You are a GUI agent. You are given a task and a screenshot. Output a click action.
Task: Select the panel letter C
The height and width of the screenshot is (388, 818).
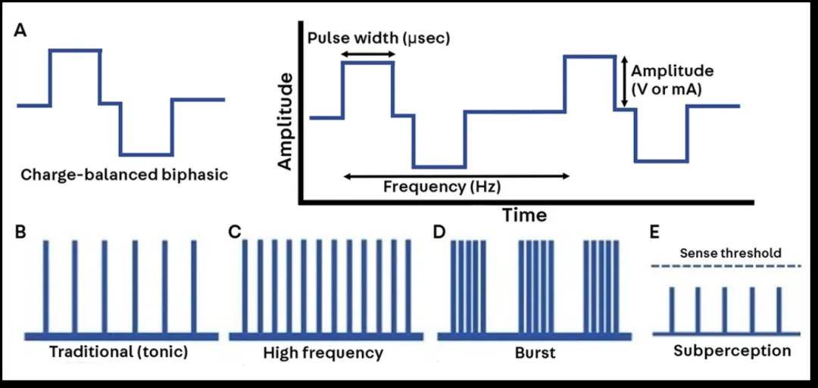(x=235, y=231)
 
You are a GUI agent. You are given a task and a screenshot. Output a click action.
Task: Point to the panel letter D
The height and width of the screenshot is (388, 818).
(x=438, y=231)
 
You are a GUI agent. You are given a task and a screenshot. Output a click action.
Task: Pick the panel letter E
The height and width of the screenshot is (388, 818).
(x=657, y=231)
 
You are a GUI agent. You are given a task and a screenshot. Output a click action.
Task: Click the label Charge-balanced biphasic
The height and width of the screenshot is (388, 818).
(x=124, y=174)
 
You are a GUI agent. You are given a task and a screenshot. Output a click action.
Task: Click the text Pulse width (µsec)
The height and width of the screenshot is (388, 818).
(x=379, y=37)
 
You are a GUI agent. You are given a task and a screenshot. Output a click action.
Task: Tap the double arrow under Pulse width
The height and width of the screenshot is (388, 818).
(x=368, y=54)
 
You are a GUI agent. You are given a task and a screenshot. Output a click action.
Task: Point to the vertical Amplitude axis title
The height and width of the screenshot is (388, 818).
(x=286, y=121)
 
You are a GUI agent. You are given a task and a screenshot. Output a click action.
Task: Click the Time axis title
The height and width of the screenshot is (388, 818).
(x=524, y=215)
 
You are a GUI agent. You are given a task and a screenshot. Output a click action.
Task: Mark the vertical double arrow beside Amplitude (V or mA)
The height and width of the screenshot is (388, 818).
(x=623, y=81)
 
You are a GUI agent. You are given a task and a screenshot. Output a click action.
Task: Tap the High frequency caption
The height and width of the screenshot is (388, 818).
(x=323, y=352)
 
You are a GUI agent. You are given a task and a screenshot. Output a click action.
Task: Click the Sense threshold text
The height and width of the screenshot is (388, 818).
(x=730, y=253)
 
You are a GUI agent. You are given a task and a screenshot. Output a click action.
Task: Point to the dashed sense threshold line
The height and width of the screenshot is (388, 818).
(x=726, y=265)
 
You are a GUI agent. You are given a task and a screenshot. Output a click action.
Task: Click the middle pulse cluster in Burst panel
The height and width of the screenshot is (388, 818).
(x=535, y=286)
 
